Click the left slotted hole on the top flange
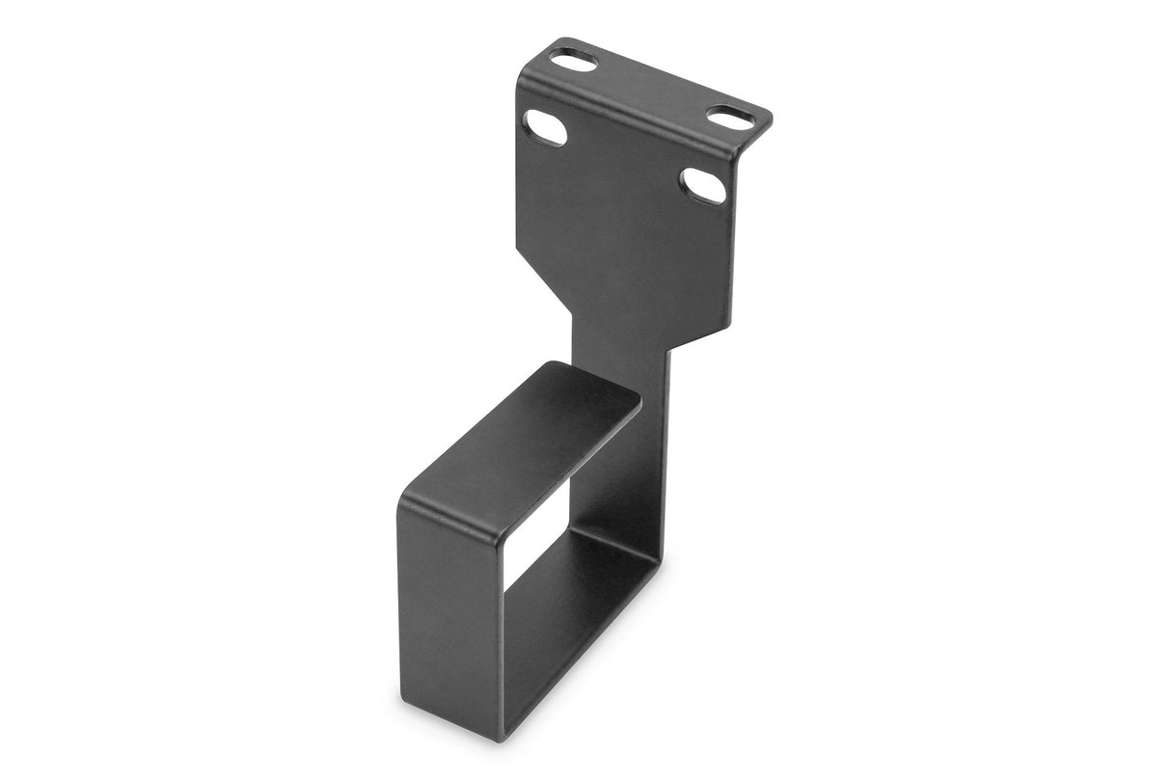coord(574,61)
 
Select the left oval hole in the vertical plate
coord(546,128)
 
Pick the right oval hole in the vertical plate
coord(702,185)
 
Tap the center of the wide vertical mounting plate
coord(627,212)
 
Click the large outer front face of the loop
coord(449,617)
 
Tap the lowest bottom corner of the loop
coord(498,738)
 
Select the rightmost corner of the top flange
coord(770,121)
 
